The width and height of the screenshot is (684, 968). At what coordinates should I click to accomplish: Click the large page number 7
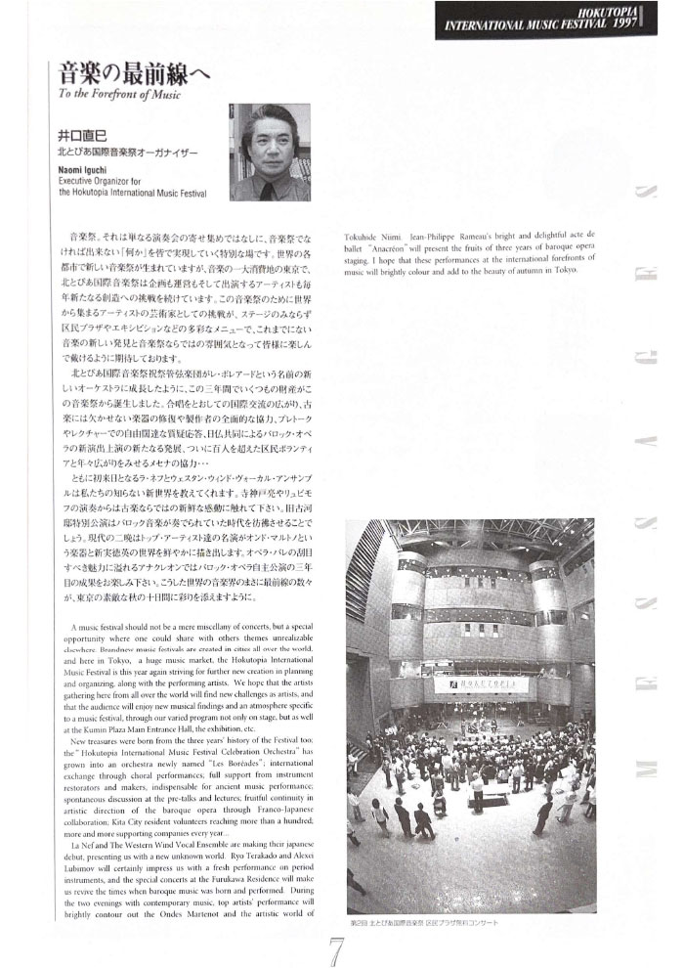click(x=335, y=946)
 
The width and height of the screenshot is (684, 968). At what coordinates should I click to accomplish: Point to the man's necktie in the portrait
click(x=267, y=187)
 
